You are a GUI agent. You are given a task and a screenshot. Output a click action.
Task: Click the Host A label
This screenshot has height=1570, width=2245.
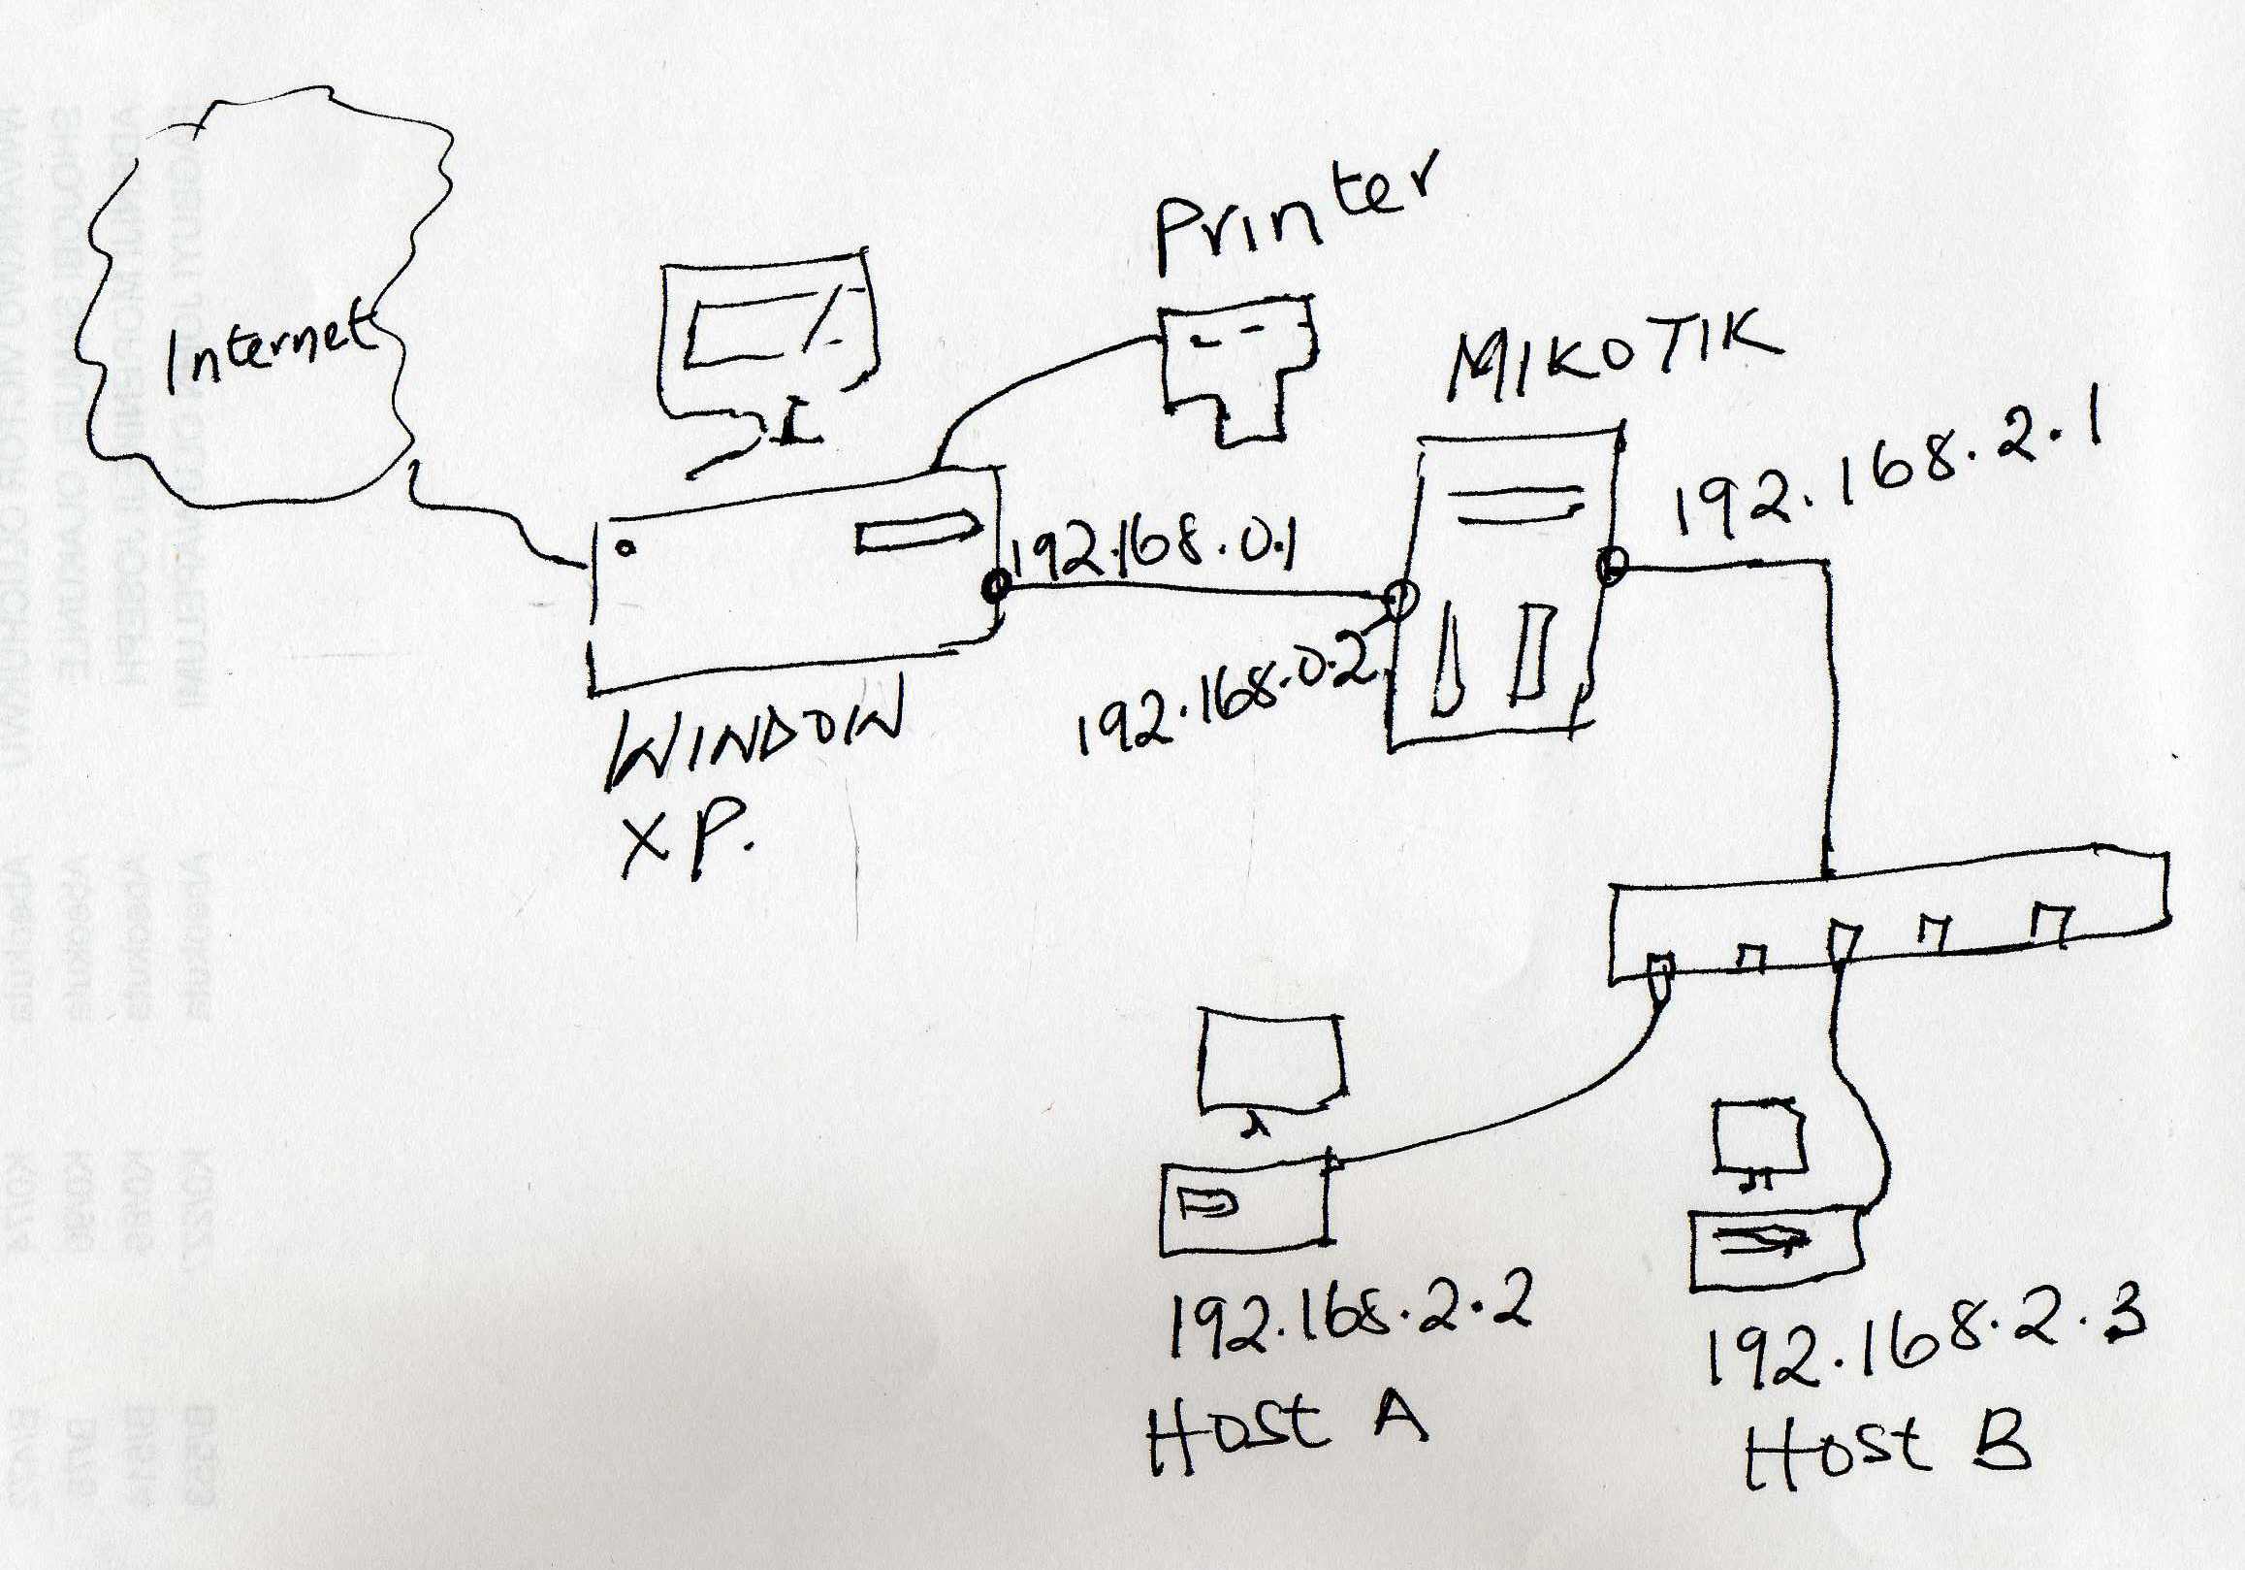(1286, 1430)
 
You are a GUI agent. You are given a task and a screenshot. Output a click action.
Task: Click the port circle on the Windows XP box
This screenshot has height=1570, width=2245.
(997, 588)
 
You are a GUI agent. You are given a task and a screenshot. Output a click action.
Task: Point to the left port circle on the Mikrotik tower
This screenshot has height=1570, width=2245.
(1400, 597)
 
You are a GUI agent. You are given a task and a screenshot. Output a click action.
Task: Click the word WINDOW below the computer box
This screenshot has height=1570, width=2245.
(753, 745)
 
